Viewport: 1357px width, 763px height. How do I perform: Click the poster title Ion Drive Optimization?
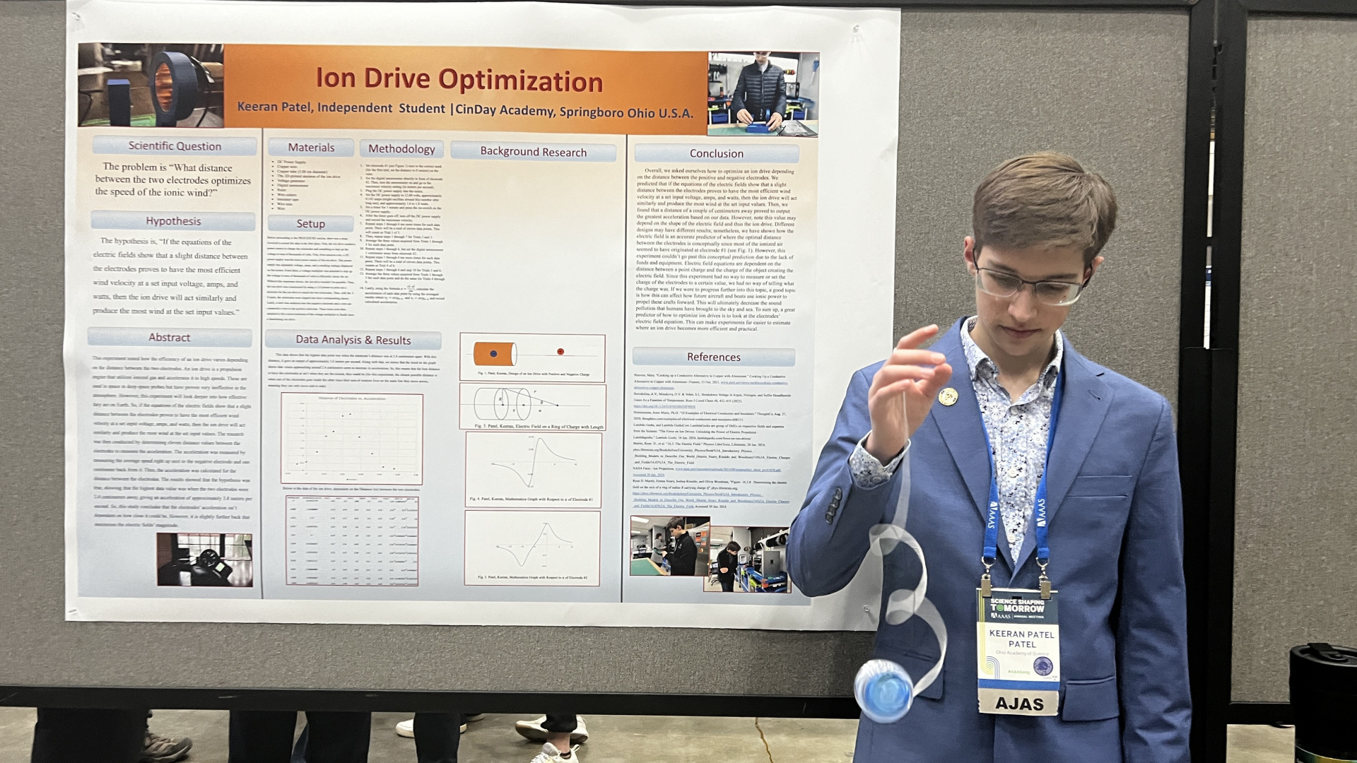459,79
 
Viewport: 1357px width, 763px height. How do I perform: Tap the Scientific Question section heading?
175,146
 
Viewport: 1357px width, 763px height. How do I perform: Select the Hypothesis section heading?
173,221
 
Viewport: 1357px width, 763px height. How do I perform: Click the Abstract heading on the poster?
169,338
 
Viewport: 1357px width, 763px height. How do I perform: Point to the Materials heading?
311,148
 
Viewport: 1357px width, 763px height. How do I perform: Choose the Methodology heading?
401,149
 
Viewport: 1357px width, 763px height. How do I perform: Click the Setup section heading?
310,224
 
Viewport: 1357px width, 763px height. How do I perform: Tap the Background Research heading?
533,152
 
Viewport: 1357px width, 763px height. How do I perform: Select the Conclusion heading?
716,153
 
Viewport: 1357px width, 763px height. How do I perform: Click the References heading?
713,357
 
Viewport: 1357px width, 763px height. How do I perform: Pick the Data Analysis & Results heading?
353,340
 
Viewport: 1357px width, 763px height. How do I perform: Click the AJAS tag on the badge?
1018,703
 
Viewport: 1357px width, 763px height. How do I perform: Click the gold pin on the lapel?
948,396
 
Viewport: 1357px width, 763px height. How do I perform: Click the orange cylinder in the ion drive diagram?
494,353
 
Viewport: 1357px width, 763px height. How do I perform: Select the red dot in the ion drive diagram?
560,351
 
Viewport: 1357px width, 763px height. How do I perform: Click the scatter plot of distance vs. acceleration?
351,438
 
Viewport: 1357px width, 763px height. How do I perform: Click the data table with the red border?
351,540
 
